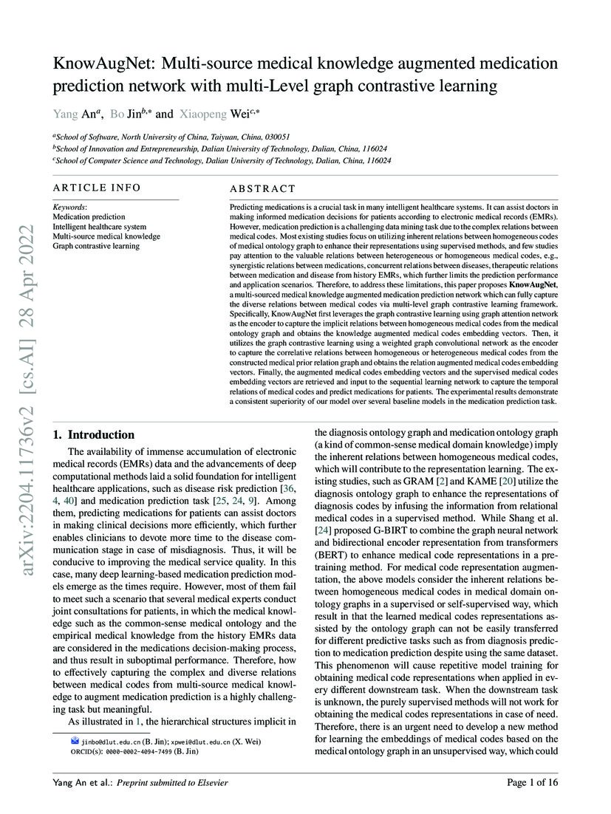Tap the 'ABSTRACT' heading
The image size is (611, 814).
pyautogui.click(x=262, y=189)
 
